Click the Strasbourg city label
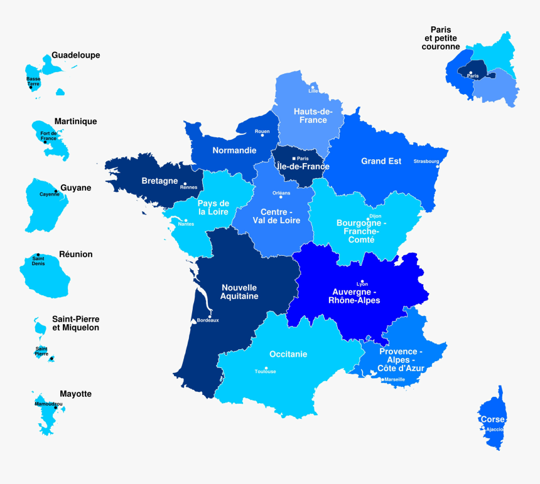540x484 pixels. pyautogui.click(x=426, y=161)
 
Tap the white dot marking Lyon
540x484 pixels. pyautogui.click(x=362, y=282)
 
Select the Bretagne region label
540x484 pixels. pyautogui.click(x=159, y=181)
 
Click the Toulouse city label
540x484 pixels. pyautogui.click(x=265, y=372)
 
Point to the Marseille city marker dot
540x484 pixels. pyautogui.click(x=382, y=379)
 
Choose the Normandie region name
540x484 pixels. pyautogui.click(x=234, y=150)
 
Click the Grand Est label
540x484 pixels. pyautogui.click(x=381, y=161)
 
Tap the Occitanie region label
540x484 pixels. pyautogui.click(x=288, y=354)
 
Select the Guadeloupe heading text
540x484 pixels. pyautogui.click(x=75, y=55)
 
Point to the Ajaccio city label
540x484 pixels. pyautogui.click(x=495, y=429)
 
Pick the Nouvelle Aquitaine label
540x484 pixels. pyautogui.click(x=239, y=292)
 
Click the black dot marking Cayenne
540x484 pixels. pyautogui.click(x=55, y=191)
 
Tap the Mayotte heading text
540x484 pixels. pyautogui.click(x=75, y=394)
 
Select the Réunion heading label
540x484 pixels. pyautogui.click(x=75, y=254)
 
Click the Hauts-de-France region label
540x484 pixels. pyautogui.click(x=310, y=115)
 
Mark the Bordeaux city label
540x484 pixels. pyautogui.click(x=208, y=320)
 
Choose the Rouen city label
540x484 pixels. pyautogui.click(x=262, y=131)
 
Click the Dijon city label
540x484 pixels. pyautogui.click(x=375, y=216)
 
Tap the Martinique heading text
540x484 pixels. pyautogui.click(x=75, y=121)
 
